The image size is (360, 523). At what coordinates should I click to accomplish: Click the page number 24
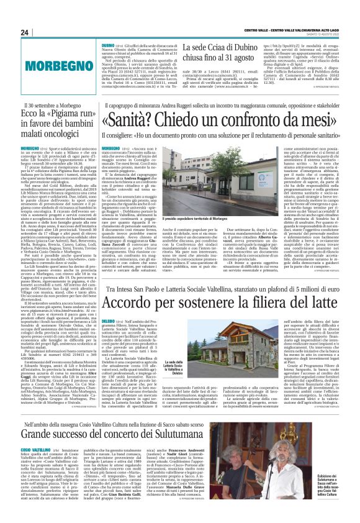(x=24, y=32)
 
